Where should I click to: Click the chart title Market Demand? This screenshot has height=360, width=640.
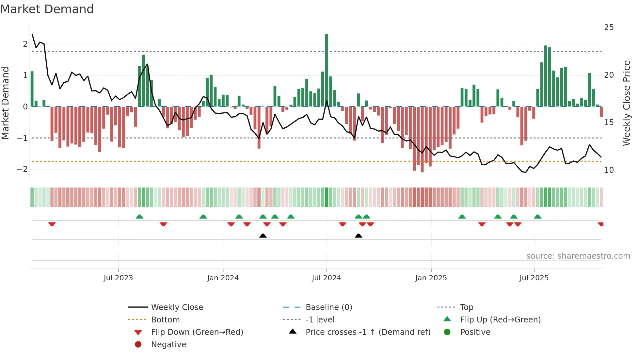tap(47, 9)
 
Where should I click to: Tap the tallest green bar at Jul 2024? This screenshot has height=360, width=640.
tap(327, 70)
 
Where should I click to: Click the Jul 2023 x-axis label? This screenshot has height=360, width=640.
tap(118, 278)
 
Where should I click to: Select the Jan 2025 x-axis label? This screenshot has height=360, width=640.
tap(431, 278)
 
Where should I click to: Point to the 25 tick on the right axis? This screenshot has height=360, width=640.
tap(609, 27)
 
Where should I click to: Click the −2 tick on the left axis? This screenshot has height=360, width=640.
tap(22, 169)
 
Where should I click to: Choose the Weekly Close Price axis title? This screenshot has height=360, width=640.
tap(626, 103)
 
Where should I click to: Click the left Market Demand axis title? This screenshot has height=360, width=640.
tap(5, 103)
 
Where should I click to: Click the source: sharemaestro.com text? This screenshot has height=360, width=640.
tap(578, 256)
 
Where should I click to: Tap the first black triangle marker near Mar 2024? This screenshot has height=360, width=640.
tap(263, 236)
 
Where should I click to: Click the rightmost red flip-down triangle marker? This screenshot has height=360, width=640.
tap(600, 224)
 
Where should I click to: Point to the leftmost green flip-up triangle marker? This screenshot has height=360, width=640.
tap(139, 217)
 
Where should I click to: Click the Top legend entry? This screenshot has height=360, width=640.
tap(466, 307)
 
